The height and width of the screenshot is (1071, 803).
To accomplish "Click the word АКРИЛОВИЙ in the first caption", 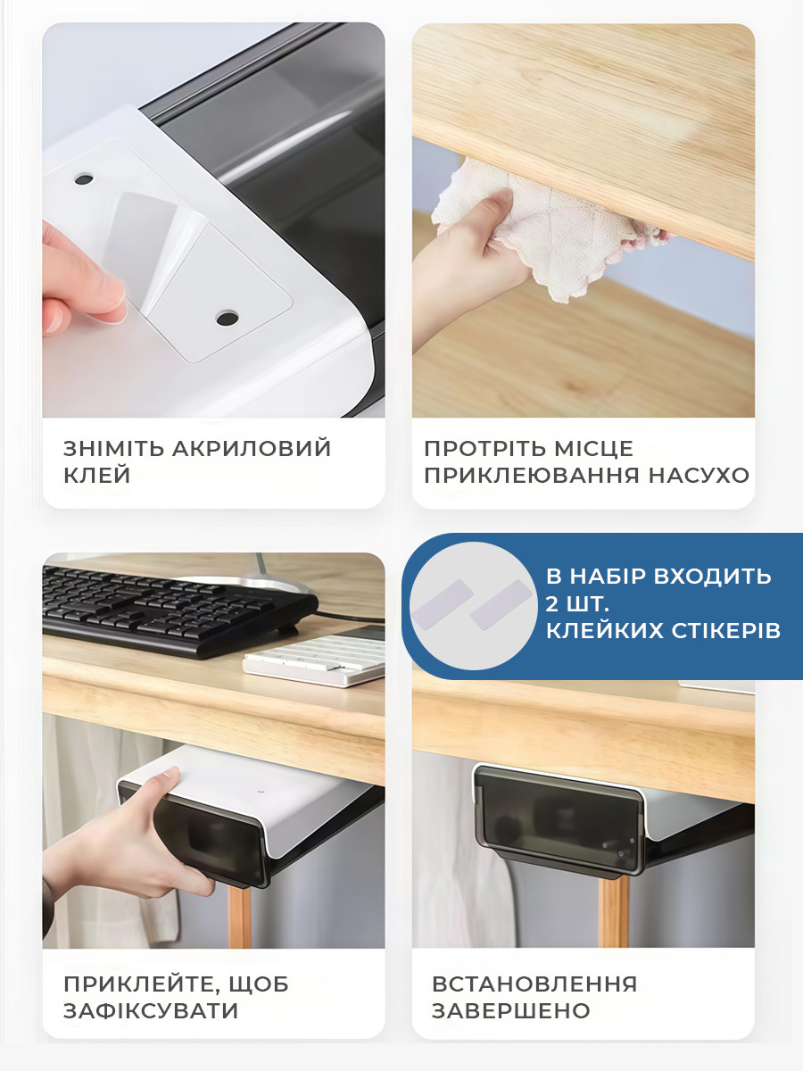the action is (252, 448).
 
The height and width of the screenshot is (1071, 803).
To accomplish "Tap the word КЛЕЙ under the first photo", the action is (97, 475).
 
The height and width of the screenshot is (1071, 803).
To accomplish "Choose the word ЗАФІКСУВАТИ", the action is (151, 1010).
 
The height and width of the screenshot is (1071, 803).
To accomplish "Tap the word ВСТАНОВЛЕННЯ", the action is (534, 984).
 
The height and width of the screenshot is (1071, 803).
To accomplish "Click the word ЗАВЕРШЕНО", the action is (511, 1010).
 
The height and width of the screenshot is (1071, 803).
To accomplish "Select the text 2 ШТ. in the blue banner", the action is (577, 604).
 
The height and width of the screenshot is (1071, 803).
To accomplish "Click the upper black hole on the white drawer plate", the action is (84, 179).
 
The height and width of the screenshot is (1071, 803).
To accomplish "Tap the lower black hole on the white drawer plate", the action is (228, 319).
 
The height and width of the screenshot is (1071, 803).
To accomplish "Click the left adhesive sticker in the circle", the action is (443, 604).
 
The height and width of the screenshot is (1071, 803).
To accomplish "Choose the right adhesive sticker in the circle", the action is (501, 604).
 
